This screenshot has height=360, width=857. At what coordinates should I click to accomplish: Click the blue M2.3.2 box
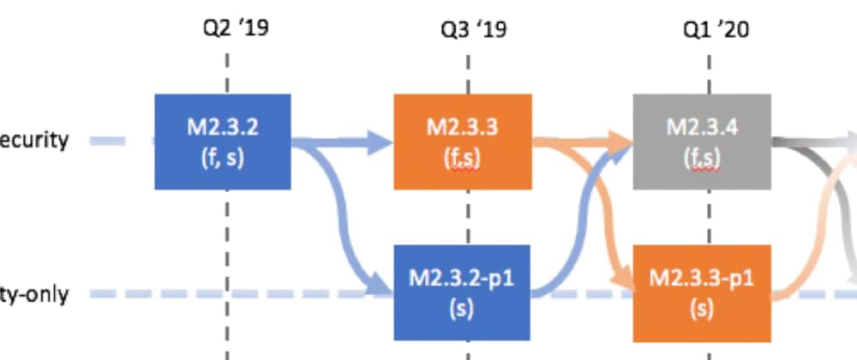pos(223,141)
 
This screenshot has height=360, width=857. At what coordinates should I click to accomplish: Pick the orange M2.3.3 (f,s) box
pos(463,141)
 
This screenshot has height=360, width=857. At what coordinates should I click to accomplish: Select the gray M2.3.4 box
pos(703,141)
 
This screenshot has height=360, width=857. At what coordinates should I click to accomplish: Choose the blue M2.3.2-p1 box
pos(463,292)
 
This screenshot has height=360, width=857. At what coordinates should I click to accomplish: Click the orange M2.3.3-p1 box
pos(702,292)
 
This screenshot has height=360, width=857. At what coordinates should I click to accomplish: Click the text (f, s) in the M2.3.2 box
pos(223,159)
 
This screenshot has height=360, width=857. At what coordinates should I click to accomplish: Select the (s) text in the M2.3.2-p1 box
pos(463,309)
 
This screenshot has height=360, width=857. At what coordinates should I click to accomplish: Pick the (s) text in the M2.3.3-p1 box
pos(702,309)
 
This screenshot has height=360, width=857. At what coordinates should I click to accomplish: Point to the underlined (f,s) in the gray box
pos(703,159)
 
